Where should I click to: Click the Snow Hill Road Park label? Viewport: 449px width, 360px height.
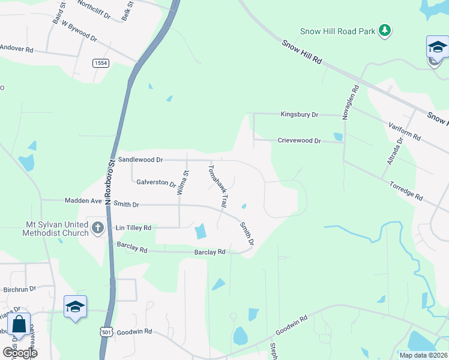(x=337, y=31)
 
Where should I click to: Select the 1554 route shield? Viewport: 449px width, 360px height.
(x=100, y=63)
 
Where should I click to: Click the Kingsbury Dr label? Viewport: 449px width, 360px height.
(x=300, y=114)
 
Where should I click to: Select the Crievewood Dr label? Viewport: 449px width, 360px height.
(x=300, y=140)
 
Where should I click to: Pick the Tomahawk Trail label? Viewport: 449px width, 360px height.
(x=218, y=185)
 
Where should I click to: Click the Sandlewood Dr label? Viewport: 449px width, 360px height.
(x=140, y=160)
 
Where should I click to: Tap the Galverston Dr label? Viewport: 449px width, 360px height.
(x=156, y=183)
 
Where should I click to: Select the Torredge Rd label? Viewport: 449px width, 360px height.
(x=406, y=191)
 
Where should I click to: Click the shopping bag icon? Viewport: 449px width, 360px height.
(x=19, y=324)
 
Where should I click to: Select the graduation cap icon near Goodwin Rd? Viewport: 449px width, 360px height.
(x=76, y=307)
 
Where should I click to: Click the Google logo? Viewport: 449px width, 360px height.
(x=20, y=353)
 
